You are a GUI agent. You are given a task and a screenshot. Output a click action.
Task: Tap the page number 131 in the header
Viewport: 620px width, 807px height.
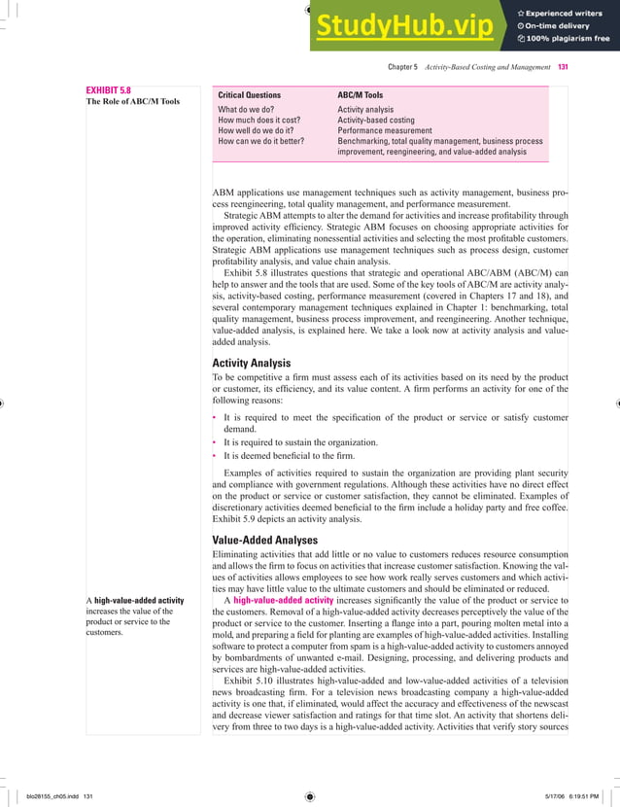pyautogui.click(x=563, y=67)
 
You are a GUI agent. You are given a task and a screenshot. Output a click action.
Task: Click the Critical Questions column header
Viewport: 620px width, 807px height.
pyautogui.click(x=249, y=95)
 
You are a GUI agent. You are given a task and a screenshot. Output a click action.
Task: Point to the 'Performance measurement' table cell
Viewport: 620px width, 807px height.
pyautogui.click(x=384, y=130)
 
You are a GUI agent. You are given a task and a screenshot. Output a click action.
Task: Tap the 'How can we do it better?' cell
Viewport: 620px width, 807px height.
pyautogui.click(x=260, y=141)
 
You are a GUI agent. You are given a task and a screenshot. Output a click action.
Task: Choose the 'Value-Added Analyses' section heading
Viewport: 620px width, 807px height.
pyautogui.click(x=265, y=540)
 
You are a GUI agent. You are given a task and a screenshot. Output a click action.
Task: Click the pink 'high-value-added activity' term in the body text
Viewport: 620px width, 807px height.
pyautogui.click(x=283, y=600)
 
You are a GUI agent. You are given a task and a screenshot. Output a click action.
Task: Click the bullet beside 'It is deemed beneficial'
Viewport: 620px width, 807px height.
pyautogui.click(x=215, y=455)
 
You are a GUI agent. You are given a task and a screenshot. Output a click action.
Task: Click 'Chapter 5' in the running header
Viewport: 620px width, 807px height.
pyautogui.click(x=402, y=67)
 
